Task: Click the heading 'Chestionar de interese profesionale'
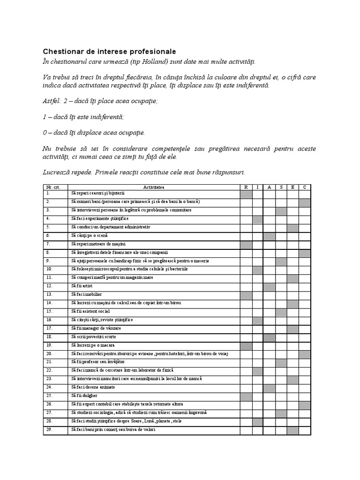coord(110,51)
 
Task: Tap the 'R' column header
coord(246,187)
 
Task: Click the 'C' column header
coord(305,187)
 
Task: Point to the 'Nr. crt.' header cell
coord(55,187)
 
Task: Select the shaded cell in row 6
coord(269,236)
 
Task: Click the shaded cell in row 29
coord(293,430)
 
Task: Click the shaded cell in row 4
coord(257,219)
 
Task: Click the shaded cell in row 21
coord(281,363)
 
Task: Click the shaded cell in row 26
coord(305,405)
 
